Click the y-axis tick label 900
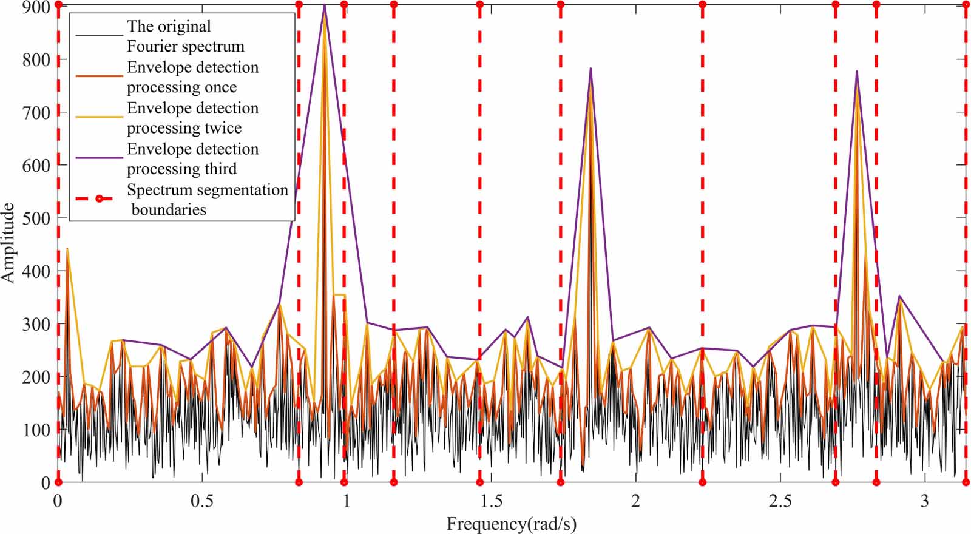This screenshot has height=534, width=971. click(x=36, y=7)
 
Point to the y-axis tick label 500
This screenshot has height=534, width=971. click(x=36, y=218)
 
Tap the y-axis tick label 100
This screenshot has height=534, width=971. click(x=36, y=430)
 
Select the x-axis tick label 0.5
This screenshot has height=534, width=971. click(x=202, y=501)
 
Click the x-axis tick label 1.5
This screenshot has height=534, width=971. click(x=491, y=501)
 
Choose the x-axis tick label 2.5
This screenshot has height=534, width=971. click(x=780, y=501)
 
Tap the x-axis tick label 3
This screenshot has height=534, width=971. click(x=925, y=501)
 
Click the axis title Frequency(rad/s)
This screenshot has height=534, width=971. click(x=511, y=523)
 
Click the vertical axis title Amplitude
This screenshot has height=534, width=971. click(x=8, y=243)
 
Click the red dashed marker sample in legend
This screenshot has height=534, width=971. click(x=99, y=198)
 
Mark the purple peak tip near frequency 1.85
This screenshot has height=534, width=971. click(x=590, y=69)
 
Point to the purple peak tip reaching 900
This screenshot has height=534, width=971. click(x=325, y=5)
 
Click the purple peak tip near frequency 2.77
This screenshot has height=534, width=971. click(x=857, y=71)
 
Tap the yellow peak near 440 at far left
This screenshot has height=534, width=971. click(x=67, y=248)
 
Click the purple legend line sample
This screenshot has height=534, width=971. click(x=99, y=158)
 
